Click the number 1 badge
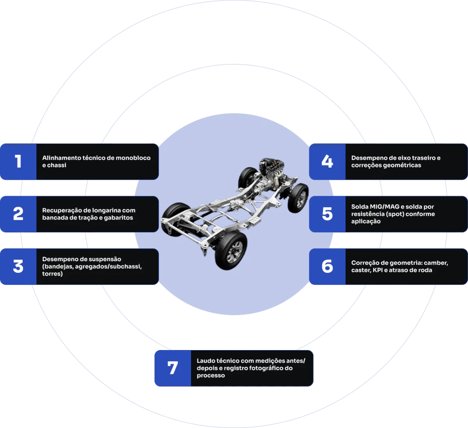point(18,161)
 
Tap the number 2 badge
point(18,214)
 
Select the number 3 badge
point(18,267)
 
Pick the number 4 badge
point(327,161)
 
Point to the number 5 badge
point(327,214)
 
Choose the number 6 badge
point(327,267)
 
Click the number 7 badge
point(172,368)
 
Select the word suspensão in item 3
point(105,259)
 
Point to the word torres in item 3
point(51,274)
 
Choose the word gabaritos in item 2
point(118,218)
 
